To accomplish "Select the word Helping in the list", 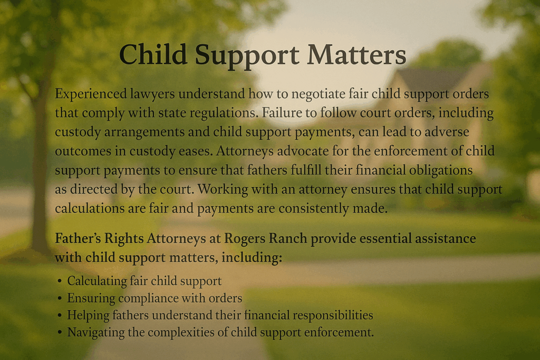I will pos(86,315).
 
